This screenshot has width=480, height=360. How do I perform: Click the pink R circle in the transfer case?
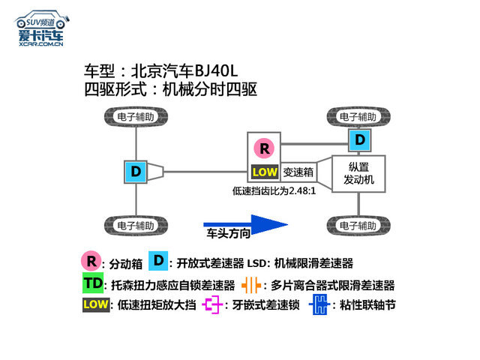pos(265,148)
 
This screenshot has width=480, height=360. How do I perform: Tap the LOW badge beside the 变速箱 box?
pos(265,172)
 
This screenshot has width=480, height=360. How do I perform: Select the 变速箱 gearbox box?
pos(298,172)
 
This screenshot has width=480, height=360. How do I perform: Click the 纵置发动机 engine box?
pos(358,173)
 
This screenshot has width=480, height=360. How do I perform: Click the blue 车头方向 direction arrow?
pos(245,225)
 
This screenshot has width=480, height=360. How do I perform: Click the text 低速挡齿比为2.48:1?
pos(274,191)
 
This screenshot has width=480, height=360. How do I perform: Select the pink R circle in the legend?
pos(91,261)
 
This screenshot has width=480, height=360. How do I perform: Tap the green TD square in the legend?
pos(93,283)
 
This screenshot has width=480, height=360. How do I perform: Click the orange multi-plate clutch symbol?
pos(251,286)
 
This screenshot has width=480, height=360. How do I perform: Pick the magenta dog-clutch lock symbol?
pos(212,304)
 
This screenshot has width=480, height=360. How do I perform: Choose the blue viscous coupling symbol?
pos(320,304)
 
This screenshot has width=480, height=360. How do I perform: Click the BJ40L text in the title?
pos(216,71)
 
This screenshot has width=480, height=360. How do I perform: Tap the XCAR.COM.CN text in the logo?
pos(41,44)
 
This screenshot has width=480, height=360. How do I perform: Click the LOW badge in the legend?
pos(96,304)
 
